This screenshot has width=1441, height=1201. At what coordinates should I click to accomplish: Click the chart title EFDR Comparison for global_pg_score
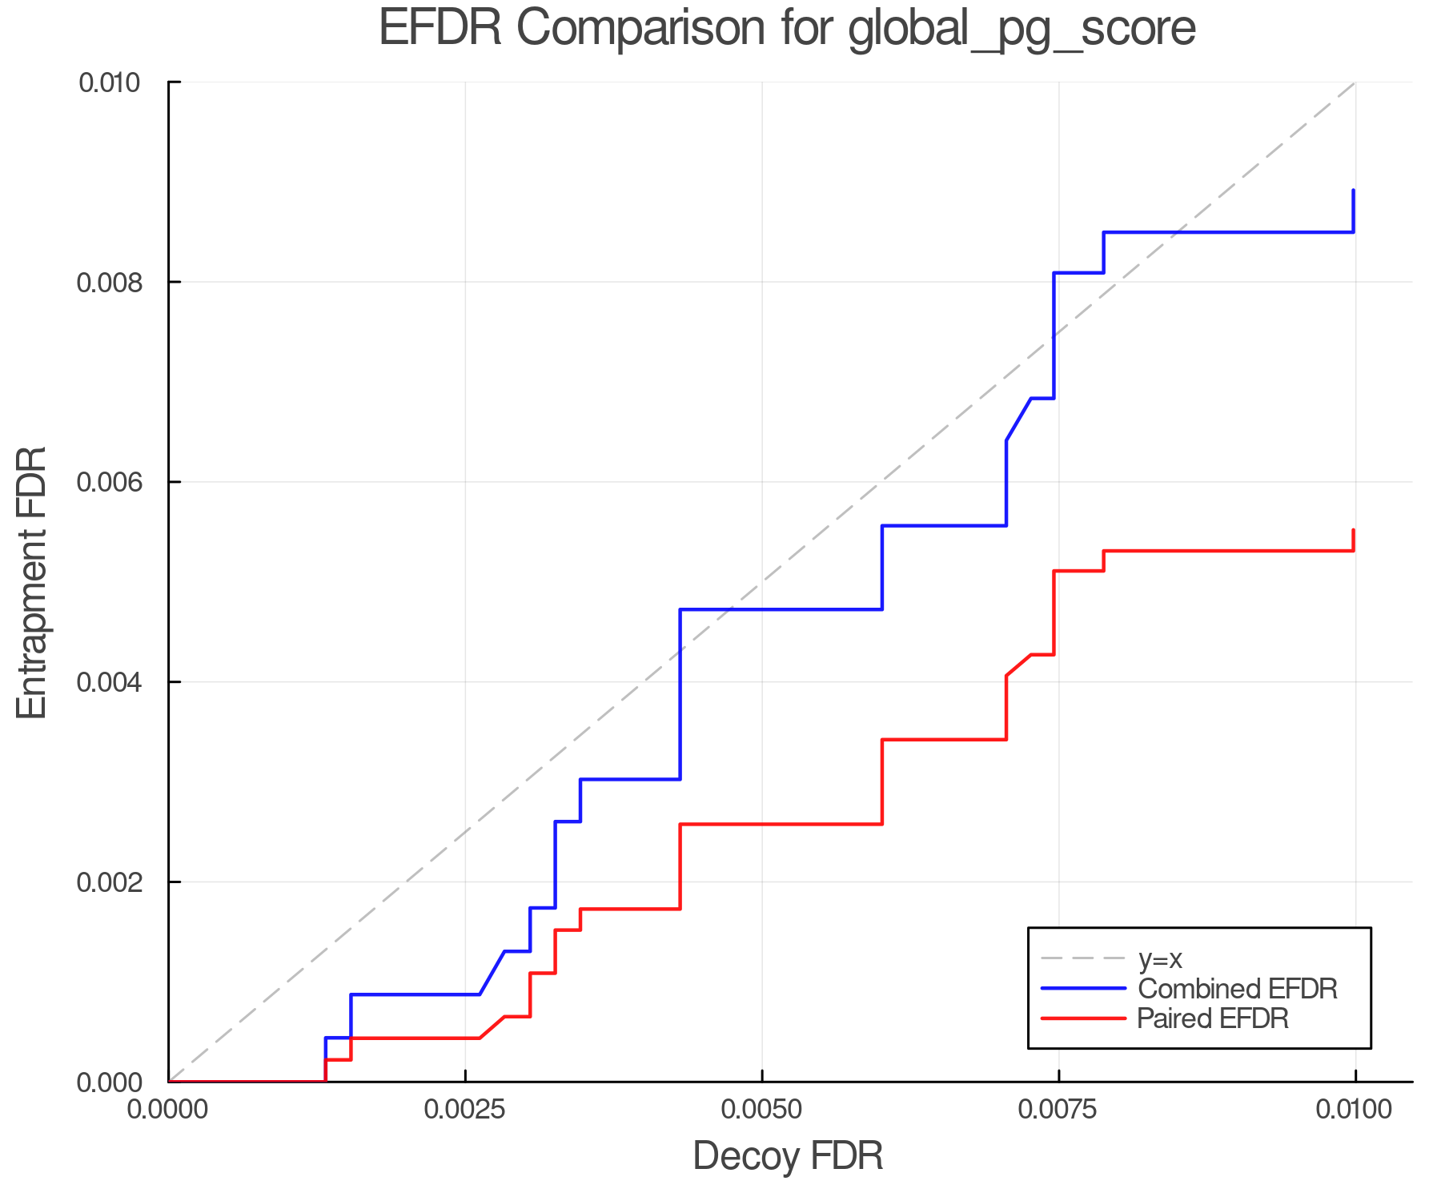click(787, 29)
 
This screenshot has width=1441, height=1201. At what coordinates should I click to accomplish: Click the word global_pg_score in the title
click(1022, 29)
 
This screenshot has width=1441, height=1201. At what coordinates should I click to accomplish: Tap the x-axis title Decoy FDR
click(788, 1156)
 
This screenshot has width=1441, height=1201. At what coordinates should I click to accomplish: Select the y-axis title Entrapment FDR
click(33, 583)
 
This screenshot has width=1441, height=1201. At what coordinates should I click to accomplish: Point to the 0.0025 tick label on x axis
click(465, 1110)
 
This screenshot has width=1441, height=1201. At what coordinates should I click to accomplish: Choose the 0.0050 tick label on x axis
click(762, 1110)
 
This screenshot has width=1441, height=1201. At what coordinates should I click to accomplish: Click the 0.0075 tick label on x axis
click(1058, 1110)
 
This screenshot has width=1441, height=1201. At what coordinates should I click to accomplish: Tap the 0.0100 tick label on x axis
click(1355, 1110)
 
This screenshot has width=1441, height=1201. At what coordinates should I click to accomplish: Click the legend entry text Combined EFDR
click(1238, 989)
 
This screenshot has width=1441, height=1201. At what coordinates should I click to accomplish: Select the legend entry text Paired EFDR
click(1213, 1018)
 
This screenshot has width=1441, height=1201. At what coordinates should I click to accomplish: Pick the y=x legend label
click(1160, 959)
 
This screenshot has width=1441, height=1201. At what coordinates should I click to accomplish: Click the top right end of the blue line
click(1353, 191)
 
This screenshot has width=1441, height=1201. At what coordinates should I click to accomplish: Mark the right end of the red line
click(1353, 530)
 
